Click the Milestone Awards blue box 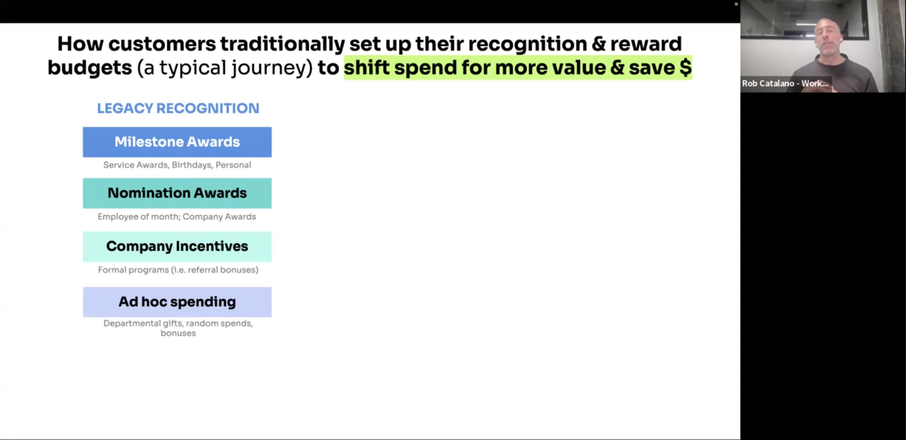tap(177, 142)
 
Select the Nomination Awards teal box tap(177, 193)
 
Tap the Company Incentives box tap(177, 247)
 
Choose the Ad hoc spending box tap(177, 302)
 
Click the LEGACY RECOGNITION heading tap(178, 108)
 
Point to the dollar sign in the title tap(686, 68)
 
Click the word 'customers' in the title tap(162, 44)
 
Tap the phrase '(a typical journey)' tap(225, 68)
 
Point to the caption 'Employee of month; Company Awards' tap(177, 217)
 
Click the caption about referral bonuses tap(178, 270)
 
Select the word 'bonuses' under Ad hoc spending tap(178, 333)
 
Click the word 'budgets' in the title tap(90, 68)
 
